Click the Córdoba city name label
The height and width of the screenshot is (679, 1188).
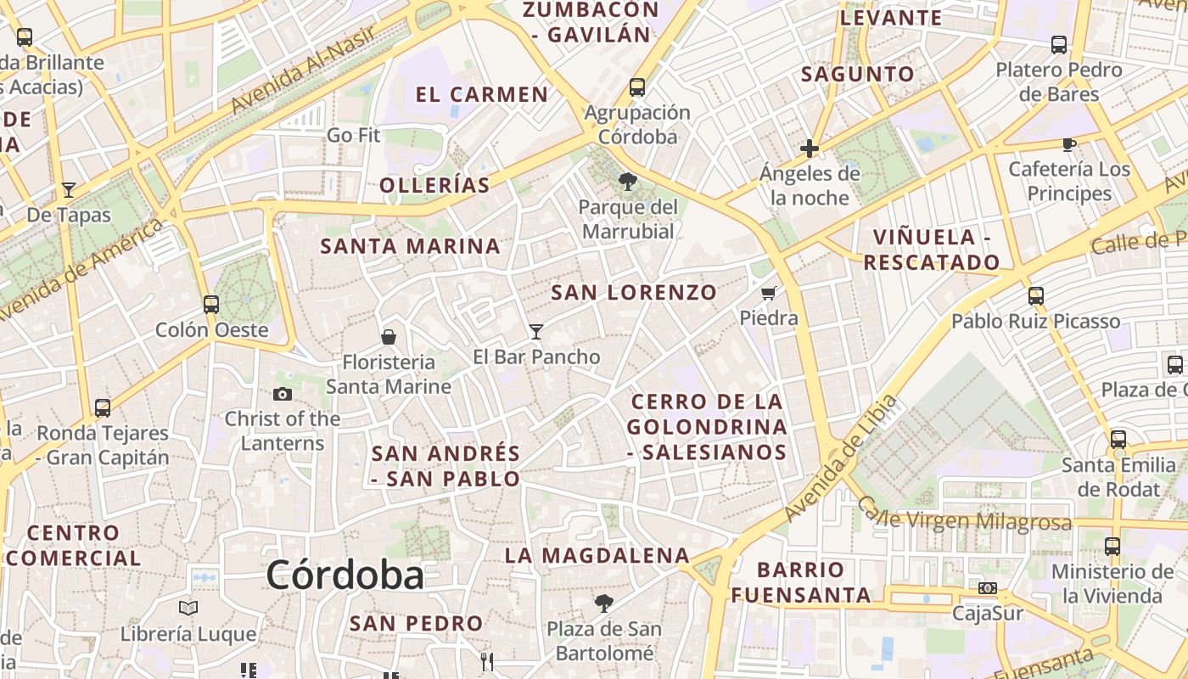pyautogui.click(x=345, y=575)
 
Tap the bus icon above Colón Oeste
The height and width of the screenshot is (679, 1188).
pyautogui.click(x=211, y=304)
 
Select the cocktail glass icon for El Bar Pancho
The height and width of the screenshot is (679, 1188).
pyautogui.click(x=535, y=331)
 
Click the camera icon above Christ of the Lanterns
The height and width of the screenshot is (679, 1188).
pyautogui.click(x=283, y=394)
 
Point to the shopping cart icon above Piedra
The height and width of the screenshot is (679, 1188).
pyautogui.click(x=769, y=294)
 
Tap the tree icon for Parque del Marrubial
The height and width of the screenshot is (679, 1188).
pyautogui.click(x=628, y=182)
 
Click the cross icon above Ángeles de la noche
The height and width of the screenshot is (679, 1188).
pyautogui.click(x=810, y=149)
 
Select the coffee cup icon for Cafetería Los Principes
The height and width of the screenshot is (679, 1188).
pyautogui.click(x=1069, y=145)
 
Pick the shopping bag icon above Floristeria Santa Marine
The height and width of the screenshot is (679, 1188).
pyautogui.click(x=389, y=337)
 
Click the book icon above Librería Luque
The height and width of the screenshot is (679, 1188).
pyautogui.click(x=188, y=609)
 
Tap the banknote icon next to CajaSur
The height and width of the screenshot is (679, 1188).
pyautogui.click(x=988, y=588)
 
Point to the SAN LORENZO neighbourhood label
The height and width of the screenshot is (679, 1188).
pyautogui.click(x=634, y=293)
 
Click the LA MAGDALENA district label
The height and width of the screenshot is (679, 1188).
pyautogui.click(x=597, y=556)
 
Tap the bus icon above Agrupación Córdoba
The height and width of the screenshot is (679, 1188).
pyautogui.click(x=637, y=87)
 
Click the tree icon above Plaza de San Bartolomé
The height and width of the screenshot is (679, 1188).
pyautogui.click(x=603, y=603)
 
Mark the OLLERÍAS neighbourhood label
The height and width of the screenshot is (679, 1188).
pyautogui.click(x=434, y=185)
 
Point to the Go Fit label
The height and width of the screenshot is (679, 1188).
pyautogui.click(x=353, y=135)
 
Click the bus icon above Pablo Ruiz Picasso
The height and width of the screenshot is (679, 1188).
pyautogui.click(x=1035, y=296)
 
